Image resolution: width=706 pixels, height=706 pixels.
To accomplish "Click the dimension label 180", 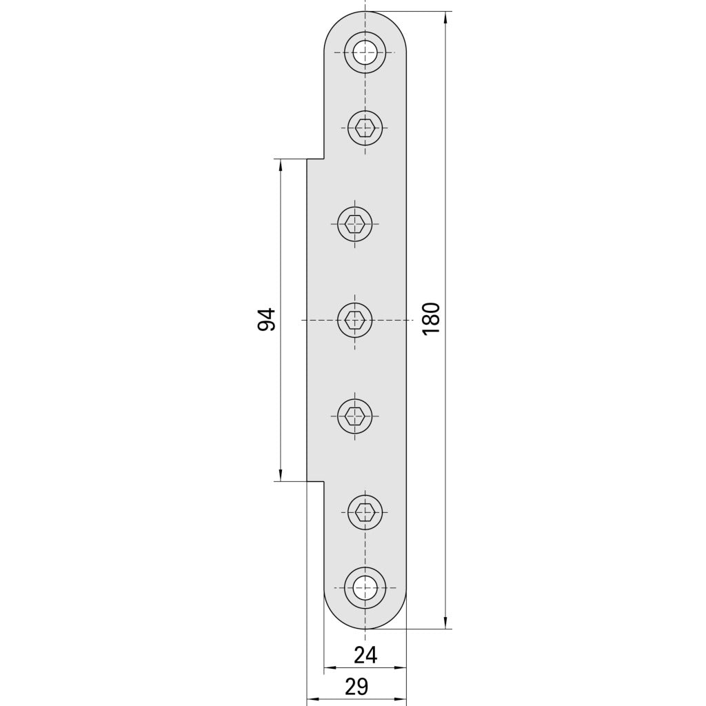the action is (x=431, y=319).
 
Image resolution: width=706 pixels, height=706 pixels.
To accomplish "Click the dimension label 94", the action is (x=266, y=319).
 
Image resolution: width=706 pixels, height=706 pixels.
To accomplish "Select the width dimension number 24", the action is (x=365, y=655).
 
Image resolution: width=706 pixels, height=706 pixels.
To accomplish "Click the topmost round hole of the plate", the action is (x=365, y=52).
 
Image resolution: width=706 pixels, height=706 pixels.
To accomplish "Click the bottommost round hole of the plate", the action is (x=365, y=587).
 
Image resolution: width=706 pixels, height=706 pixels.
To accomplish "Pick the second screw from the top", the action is (x=365, y=128).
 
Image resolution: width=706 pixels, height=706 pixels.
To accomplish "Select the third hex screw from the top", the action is (x=355, y=223).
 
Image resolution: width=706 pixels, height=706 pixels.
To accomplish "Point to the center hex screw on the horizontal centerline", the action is (x=355, y=320).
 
